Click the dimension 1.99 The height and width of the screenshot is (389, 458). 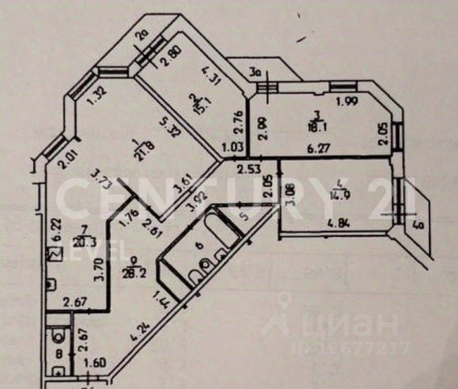click(x=345, y=103)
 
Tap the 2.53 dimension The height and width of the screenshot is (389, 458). click(x=247, y=169)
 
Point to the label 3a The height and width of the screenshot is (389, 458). click(x=256, y=70)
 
